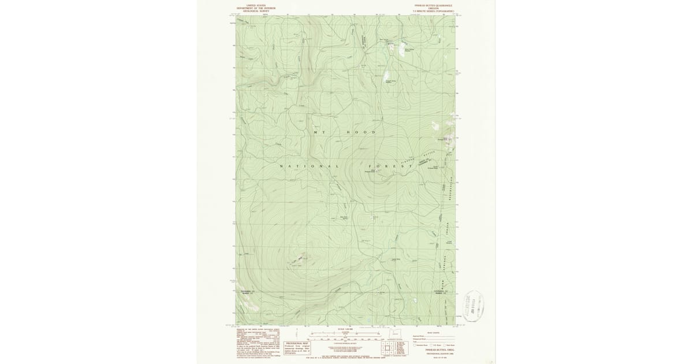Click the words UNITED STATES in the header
tap(255, 5)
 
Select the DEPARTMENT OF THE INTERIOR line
tap(255, 8)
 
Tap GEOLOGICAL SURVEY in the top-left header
tap(255, 11)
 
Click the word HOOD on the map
tap(361, 132)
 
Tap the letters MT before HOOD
tap(320, 132)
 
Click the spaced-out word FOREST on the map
tap(394, 166)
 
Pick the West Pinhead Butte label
tap(370, 171)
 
